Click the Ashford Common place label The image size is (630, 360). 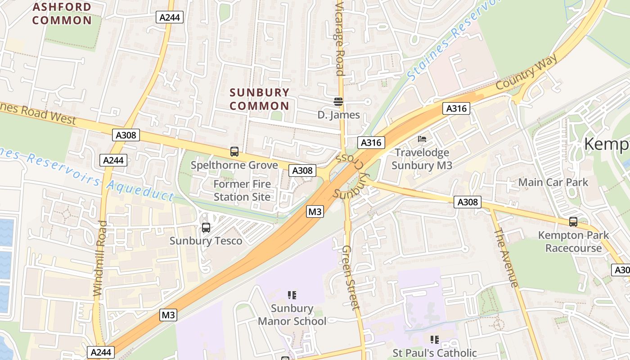point(62,13)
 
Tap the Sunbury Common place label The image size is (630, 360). point(259,99)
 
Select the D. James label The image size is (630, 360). point(338,115)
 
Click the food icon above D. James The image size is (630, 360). point(338,102)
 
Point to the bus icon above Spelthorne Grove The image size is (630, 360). point(234,152)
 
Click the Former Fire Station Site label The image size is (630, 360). point(242,190)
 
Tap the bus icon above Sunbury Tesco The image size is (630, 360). point(206,228)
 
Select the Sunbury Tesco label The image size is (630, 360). point(206,241)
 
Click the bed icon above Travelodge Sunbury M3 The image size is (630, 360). point(422,139)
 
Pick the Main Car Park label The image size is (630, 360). point(553,182)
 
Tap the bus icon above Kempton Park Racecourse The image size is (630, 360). point(573,221)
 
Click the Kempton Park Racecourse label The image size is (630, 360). point(573,242)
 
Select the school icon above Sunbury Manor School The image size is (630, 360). point(292,295)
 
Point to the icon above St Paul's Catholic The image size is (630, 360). point(434,339)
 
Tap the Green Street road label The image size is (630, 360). point(350,277)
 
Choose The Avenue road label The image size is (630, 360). point(506,257)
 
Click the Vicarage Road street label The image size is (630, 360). point(340,38)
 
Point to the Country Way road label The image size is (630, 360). point(527,72)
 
